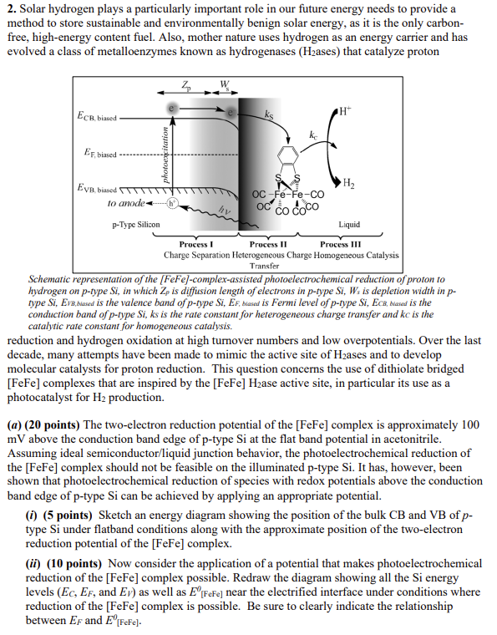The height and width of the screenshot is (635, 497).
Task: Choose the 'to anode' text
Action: [102, 203]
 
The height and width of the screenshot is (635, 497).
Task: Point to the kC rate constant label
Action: [313, 135]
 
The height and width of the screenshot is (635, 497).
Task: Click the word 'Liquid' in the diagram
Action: [349, 225]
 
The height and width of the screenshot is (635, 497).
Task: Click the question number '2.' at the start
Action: [11, 8]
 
